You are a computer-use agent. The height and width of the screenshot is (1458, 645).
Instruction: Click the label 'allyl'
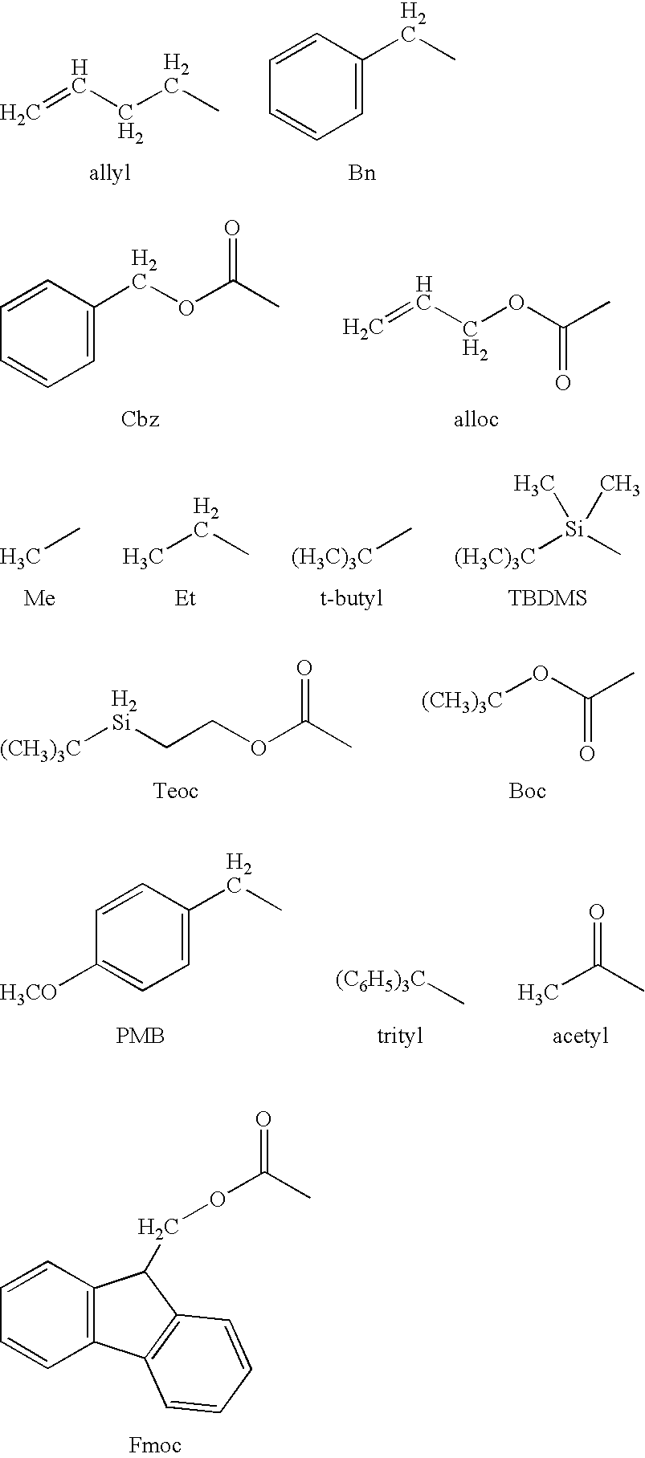[110, 173]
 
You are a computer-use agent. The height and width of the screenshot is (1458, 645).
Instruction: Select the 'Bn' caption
[361, 173]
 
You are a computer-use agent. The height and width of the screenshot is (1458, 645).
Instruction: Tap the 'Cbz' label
[140, 418]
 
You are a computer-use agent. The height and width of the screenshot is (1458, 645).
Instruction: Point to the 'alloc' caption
[476, 418]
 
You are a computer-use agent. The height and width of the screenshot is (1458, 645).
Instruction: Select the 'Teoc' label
[175, 791]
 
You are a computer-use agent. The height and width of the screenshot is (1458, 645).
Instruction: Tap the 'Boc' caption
[527, 791]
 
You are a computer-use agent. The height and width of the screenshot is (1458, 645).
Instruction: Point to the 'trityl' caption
[399, 1036]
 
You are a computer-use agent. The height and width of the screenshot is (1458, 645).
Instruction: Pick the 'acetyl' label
[580, 1036]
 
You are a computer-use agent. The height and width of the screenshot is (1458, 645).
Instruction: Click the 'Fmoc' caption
[155, 1445]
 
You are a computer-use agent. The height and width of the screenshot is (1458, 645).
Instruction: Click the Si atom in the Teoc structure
[121, 723]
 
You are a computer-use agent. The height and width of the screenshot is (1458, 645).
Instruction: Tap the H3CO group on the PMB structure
[28, 992]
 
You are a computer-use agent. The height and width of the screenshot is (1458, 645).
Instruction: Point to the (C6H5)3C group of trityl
[379, 980]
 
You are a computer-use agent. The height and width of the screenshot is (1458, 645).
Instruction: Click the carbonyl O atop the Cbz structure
[232, 229]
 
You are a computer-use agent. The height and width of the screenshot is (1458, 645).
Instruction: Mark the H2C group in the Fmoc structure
[158, 1227]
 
